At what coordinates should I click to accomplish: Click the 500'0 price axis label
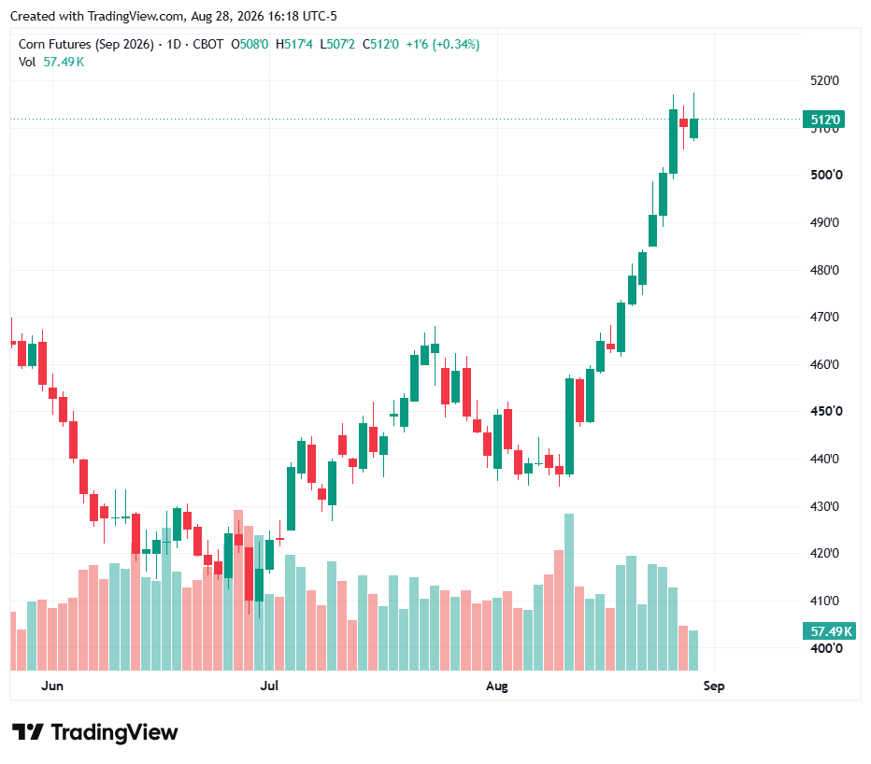click(826, 175)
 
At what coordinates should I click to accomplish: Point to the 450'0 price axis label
click(826, 412)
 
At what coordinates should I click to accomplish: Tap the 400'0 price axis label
click(826, 648)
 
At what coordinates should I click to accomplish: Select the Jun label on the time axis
click(52, 686)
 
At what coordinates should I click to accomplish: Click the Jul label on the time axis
click(269, 686)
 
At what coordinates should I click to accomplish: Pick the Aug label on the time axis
click(497, 686)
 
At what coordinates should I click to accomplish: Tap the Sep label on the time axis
click(714, 686)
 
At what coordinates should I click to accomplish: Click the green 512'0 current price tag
click(823, 120)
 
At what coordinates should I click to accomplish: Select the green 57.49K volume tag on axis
click(830, 631)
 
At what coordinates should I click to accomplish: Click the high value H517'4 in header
click(293, 45)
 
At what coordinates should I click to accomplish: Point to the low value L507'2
click(337, 45)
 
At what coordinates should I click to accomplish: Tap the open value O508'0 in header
click(250, 45)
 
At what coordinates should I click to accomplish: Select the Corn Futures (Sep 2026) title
click(86, 45)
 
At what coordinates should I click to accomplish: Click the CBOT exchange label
click(207, 45)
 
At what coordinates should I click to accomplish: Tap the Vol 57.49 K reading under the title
click(51, 63)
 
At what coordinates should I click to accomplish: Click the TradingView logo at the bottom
click(95, 732)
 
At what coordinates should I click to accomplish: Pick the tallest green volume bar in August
click(569, 592)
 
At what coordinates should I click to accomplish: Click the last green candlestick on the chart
click(693, 128)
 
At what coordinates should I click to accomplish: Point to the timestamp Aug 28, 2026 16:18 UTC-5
click(264, 16)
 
